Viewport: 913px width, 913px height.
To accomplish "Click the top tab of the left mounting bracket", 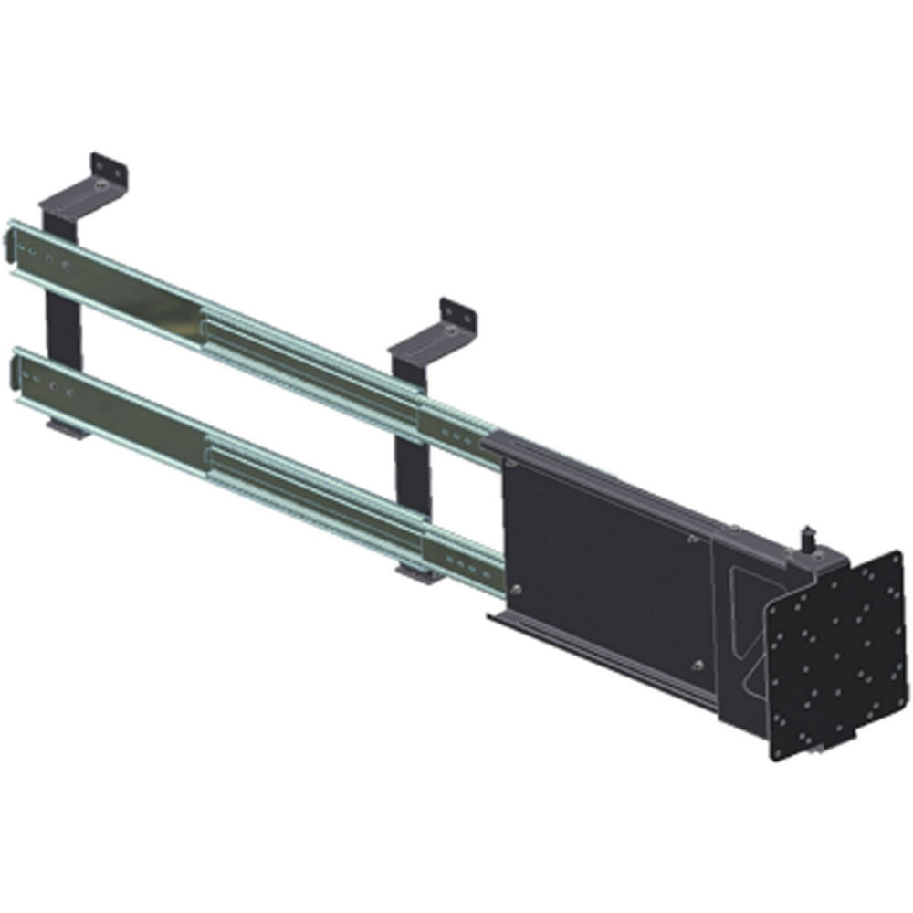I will click(109, 170).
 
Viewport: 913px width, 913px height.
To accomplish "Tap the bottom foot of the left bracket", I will click(69, 427).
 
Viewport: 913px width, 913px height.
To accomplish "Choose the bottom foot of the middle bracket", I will click(415, 574).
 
